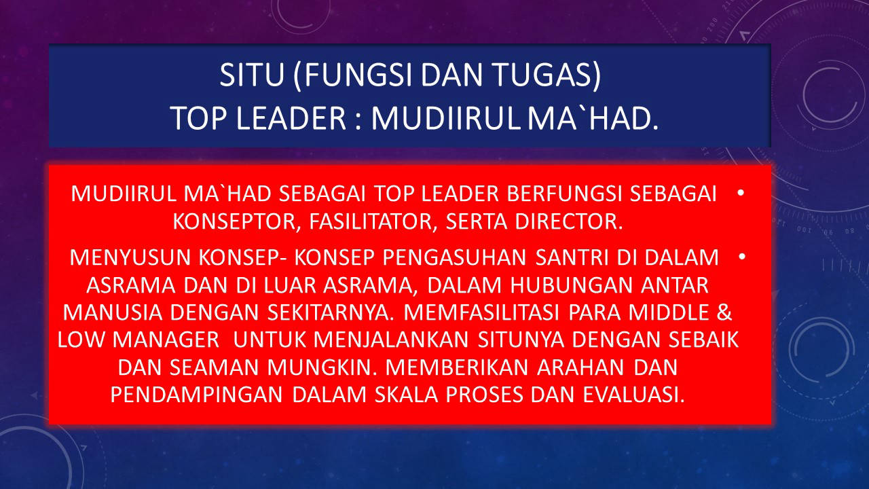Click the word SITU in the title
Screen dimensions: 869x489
pos(252,75)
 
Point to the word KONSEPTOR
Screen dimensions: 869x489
pos(234,221)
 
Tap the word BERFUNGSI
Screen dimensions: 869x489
pos(561,194)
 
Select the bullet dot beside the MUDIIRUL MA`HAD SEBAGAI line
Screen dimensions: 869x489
pos(741,192)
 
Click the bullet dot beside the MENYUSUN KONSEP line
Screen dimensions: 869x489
pos(742,257)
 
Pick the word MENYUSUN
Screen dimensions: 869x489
pos(130,257)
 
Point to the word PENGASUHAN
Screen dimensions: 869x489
pos(454,257)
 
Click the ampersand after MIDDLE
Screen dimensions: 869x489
pos(724,312)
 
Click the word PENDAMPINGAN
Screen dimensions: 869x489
pos(196,395)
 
